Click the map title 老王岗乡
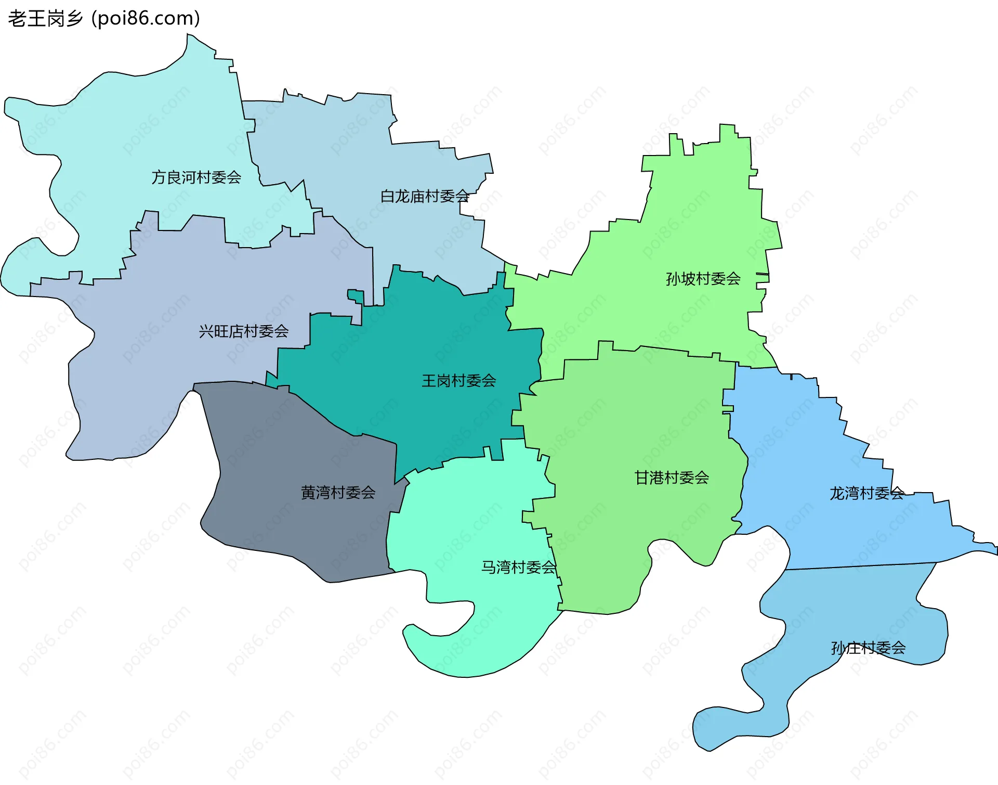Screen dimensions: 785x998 pos(46,19)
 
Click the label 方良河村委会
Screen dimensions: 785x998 pos(196,177)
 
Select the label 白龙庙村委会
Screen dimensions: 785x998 pos(425,196)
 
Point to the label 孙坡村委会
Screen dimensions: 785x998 pos(703,279)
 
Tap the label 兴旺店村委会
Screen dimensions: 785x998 pos(243,331)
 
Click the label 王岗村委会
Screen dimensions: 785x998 pos(458,381)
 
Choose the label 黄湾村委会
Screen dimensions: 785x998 pos(338,493)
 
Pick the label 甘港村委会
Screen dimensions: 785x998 pos(672,478)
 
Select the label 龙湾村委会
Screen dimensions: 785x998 pos(866,493)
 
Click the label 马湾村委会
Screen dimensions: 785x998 pos(518,567)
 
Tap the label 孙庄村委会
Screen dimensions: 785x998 pos(868,648)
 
